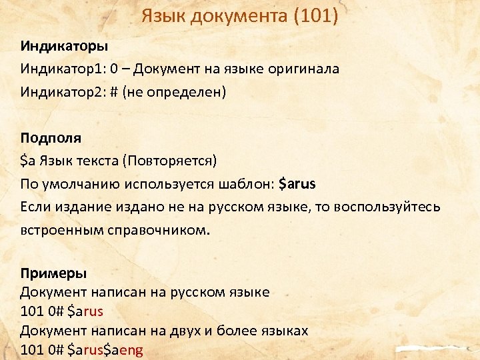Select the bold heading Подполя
tap(51, 138)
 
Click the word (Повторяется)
tap(173, 161)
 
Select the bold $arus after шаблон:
tap(297, 183)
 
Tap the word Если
tap(35, 206)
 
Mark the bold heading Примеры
tap(53, 273)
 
